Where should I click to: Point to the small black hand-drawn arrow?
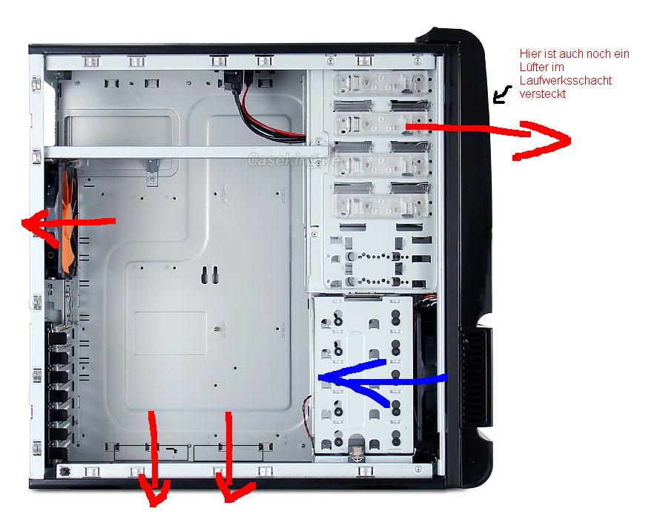[501, 95]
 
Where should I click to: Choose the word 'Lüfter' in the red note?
[542, 67]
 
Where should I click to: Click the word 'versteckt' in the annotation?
[543, 94]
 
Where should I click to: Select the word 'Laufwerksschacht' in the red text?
[566, 80]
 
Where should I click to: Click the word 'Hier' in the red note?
[529, 53]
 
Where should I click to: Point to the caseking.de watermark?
[294, 160]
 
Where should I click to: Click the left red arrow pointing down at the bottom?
[155, 457]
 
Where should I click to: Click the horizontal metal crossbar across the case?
[185, 152]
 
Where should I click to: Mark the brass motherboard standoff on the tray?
[215, 329]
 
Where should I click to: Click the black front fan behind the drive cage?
[426, 377]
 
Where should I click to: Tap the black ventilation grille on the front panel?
[475, 377]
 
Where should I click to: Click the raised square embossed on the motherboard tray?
[170, 333]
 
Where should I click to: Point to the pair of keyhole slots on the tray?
[210, 275]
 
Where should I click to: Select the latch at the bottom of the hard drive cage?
[357, 450]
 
